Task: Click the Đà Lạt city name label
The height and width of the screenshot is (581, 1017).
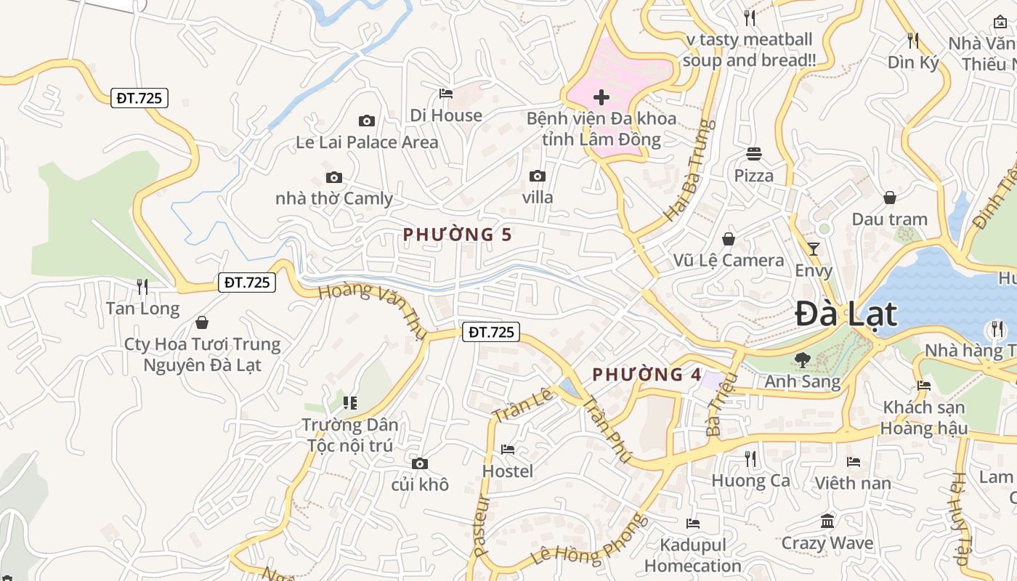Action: pyautogui.click(x=846, y=314)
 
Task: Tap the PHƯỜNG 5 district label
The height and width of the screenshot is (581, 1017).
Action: pyautogui.click(x=458, y=235)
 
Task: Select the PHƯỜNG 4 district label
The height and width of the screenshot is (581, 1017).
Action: pyautogui.click(x=647, y=375)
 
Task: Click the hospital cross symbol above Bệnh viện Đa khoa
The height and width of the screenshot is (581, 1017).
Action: pyautogui.click(x=601, y=97)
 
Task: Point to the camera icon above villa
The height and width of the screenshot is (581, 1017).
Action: pyautogui.click(x=538, y=176)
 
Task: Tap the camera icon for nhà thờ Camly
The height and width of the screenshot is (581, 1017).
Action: pyautogui.click(x=334, y=177)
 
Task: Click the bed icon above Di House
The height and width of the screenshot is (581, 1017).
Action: pyautogui.click(x=446, y=94)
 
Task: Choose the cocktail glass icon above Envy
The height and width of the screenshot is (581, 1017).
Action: pyautogui.click(x=814, y=249)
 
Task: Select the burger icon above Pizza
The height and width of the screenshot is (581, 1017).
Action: pyautogui.click(x=754, y=154)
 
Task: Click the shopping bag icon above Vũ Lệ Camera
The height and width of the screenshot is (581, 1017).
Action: pyautogui.click(x=729, y=239)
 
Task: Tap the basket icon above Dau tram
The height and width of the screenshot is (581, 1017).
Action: pyautogui.click(x=890, y=198)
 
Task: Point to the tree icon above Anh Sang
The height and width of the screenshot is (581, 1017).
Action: pyautogui.click(x=803, y=359)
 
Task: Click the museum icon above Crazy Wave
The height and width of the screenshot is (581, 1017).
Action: pyautogui.click(x=827, y=521)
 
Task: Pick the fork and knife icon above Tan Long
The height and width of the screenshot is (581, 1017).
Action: pyautogui.click(x=142, y=287)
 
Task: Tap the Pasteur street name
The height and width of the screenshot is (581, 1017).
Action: pyautogui.click(x=481, y=526)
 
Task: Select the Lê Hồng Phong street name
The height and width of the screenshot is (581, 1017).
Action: pyautogui.click(x=589, y=540)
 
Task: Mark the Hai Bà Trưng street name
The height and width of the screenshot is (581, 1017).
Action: pyautogui.click(x=686, y=171)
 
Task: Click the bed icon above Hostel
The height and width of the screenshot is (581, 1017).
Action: pyautogui.click(x=508, y=450)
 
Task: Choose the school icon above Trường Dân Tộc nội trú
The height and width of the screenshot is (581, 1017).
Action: pyautogui.click(x=350, y=402)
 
